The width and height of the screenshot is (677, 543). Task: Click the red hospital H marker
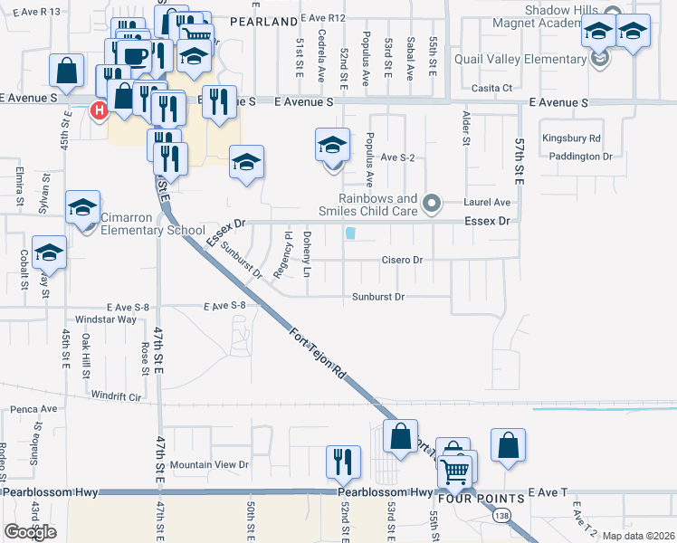(100, 110)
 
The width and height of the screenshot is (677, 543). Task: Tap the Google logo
(30, 532)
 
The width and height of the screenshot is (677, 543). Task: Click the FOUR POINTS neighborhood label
(481, 499)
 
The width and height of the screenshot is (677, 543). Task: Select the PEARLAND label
(263, 20)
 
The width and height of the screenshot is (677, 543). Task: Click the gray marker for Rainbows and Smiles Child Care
(432, 203)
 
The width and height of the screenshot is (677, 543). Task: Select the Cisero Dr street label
(402, 260)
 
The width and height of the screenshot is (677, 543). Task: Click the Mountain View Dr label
(209, 464)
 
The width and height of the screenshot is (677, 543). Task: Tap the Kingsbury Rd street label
(571, 138)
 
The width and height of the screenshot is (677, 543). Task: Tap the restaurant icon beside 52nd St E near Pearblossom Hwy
(343, 462)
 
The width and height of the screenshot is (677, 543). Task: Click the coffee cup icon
(137, 54)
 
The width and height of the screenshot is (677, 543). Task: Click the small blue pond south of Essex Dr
(350, 233)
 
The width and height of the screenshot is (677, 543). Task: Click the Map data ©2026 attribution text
(638, 536)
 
